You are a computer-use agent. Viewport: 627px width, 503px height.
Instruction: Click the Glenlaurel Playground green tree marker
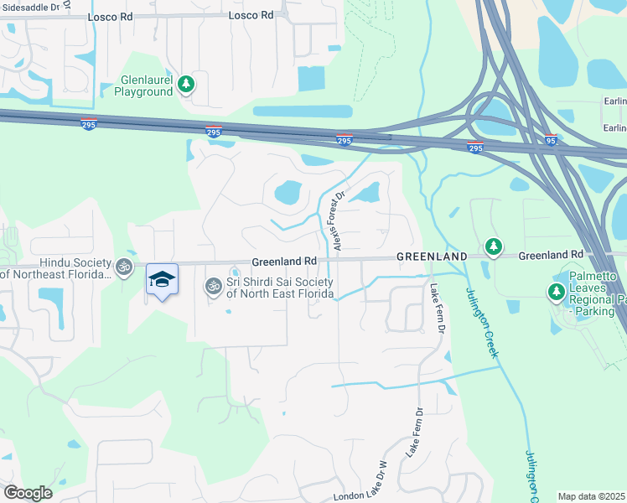coord(186,84)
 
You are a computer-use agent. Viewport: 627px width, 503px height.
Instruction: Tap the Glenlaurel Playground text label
coord(143,86)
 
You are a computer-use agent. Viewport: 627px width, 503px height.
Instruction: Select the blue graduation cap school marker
coord(163,280)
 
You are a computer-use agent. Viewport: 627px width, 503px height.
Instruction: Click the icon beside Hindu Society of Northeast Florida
coord(124,267)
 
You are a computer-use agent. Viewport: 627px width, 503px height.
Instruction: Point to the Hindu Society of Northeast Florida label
coord(56,269)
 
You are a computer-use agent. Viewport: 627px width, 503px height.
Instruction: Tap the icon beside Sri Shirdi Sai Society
coord(214,287)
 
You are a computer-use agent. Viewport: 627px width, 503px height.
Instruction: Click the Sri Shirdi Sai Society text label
coord(281,288)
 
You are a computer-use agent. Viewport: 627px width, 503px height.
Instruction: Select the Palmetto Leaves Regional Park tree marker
coord(555,292)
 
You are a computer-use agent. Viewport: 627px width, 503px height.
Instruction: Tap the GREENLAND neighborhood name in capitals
coord(432,255)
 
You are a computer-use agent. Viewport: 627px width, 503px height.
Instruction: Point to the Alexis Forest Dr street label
coord(339,220)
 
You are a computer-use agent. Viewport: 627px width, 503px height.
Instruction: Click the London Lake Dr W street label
coord(360,485)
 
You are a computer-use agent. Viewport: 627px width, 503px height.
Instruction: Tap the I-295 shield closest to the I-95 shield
coord(475,148)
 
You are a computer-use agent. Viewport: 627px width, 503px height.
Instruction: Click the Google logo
coord(28,493)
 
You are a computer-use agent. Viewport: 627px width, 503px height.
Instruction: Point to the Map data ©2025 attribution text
coord(592,496)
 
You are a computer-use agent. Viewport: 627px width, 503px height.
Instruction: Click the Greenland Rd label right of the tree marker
coord(551,254)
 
